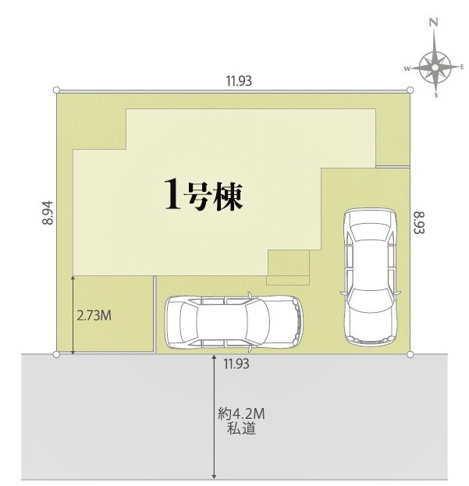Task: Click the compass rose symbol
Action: [x=435, y=69]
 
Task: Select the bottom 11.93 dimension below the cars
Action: [x=237, y=363]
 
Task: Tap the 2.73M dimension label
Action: [x=94, y=316]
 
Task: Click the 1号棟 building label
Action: [x=204, y=194]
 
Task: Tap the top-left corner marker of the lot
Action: [x=57, y=91]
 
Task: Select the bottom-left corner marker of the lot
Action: [x=56, y=355]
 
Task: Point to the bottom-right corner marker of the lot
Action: [x=410, y=355]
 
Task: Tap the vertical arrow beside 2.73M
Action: [x=73, y=315]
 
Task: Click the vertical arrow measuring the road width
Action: [x=214, y=417]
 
